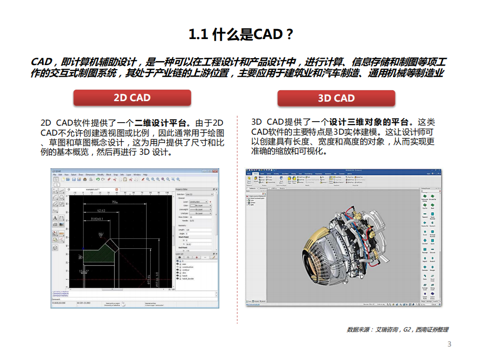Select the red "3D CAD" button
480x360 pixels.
(336, 98)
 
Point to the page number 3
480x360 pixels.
(449, 344)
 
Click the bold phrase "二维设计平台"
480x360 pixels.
(162, 123)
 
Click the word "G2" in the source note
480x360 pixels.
(407, 329)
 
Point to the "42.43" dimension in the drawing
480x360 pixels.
(101, 210)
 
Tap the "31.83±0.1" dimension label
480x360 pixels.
(94, 219)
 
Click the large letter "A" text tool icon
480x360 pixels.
(55, 218)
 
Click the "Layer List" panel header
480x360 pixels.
(181, 254)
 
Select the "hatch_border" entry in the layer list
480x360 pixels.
(188, 278)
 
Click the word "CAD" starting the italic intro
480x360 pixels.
(42, 62)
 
